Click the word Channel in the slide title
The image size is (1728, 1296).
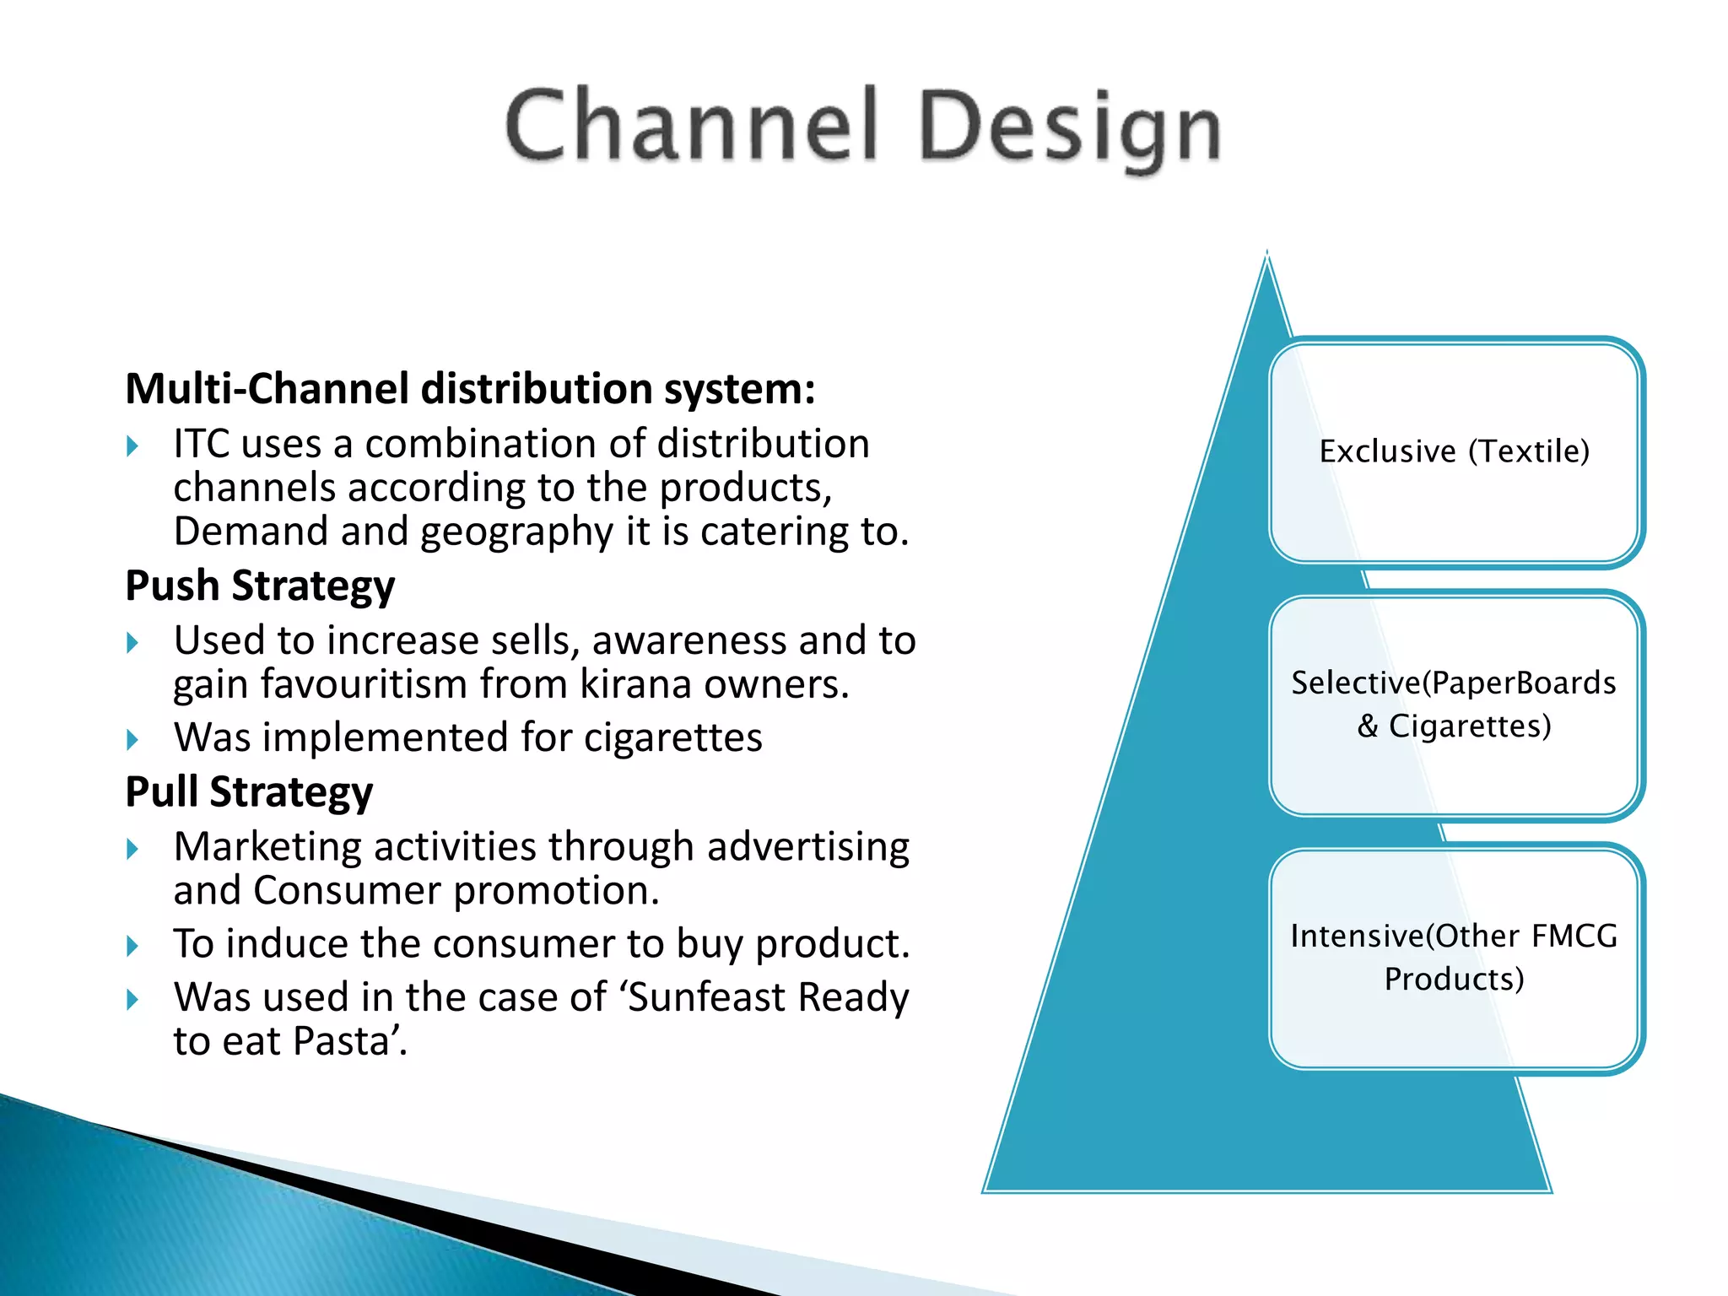692,127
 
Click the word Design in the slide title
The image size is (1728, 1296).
1070,128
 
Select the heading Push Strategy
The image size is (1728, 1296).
260,586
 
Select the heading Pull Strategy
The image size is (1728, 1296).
249,791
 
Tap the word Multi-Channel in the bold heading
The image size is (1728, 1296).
267,389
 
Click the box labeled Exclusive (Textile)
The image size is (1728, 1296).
1455,452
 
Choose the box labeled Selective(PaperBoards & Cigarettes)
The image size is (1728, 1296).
1455,705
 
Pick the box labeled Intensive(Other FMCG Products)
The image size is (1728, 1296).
1455,958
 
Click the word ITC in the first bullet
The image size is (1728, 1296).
201,444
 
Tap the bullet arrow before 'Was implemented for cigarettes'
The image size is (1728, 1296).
132,740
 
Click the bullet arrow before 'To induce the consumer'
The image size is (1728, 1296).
132,946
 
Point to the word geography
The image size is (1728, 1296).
516,532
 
